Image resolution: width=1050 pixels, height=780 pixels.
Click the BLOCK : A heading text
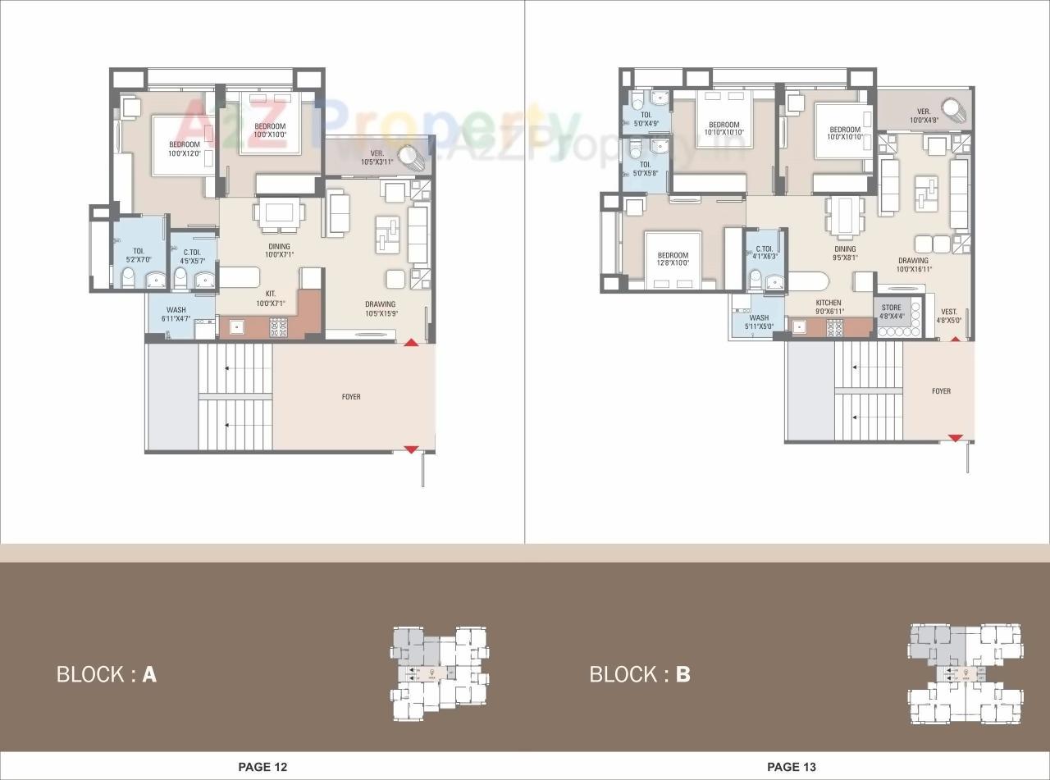click(x=106, y=674)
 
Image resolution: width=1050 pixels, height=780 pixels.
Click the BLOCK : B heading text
click(x=640, y=674)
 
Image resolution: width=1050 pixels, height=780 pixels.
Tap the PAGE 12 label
click(x=262, y=767)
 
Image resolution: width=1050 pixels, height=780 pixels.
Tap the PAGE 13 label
click(x=792, y=767)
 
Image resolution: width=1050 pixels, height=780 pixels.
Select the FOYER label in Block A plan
click(x=351, y=397)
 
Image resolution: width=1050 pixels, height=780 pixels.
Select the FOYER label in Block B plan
click(x=941, y=391)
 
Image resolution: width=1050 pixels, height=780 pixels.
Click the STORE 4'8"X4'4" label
click(x=892, y=312)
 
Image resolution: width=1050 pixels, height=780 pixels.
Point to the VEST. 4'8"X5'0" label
click(x=950, y=316)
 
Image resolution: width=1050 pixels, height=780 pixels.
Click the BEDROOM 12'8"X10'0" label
click(x=673, y=259)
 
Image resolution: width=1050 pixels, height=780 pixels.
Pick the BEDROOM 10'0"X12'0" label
click(x=185, y=149)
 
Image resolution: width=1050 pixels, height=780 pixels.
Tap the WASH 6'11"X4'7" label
click(x=176, y=315)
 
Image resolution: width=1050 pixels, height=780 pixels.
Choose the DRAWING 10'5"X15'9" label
click(x=381, y=308)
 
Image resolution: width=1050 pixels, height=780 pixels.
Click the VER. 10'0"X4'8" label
click(x=924, y=116)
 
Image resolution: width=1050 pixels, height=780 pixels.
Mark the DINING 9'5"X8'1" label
click(x=845, y=253)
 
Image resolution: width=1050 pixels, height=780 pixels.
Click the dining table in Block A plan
click(x=279, y=213)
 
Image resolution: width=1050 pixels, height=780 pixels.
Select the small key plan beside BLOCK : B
click(x=965, y=673)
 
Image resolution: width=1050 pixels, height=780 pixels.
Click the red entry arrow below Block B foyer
click(x=955, y=439)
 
